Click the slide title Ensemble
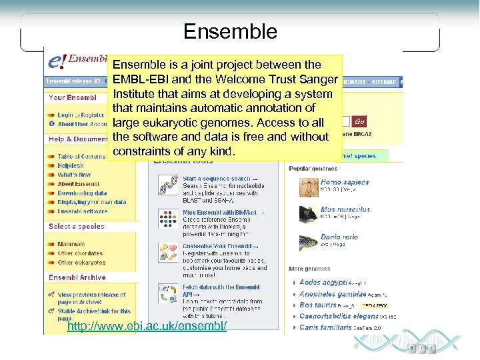click(230, 31)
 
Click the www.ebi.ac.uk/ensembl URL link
click(147, 326)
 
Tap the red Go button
click(359, 122)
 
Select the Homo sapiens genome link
click(344, 182)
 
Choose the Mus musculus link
click(345, 209)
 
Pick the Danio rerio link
click(339, 237)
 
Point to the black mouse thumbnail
click(308, 214)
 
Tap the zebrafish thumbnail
click(308, 241)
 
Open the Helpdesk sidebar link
click(71, 166)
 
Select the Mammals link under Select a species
click(71, 245)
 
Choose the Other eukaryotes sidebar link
click(81, 263)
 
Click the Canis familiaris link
click(325, 327)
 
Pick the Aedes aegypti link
click(323, 283)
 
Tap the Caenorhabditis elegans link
click(339, 316)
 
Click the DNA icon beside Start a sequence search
click(167, 185)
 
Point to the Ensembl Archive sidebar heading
click(77, 277)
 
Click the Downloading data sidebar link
click(82, 193)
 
